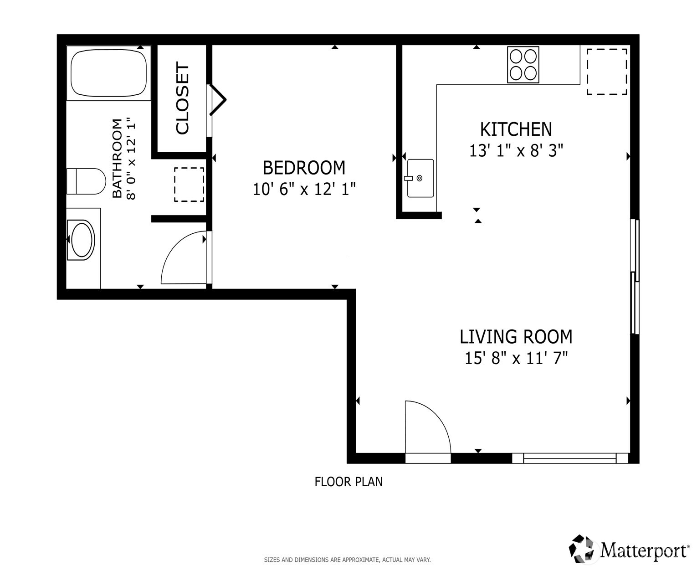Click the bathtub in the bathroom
(109, 73)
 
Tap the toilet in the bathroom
(86, 181)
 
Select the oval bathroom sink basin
(82, 240)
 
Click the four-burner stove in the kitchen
(523, 65)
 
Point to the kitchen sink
(420, 178)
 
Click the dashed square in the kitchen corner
(607, 72)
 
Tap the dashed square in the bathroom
(189, 185)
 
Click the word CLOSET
(182, 98)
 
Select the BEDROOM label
(304, 168)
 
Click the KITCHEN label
(516, 129)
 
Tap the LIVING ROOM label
(516, 337)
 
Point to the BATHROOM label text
(117, 158)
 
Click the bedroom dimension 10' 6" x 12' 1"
(304, 190)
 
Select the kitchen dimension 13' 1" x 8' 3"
(516, 150)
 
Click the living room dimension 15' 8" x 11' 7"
(516, 358)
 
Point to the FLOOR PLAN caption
(348, 482)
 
